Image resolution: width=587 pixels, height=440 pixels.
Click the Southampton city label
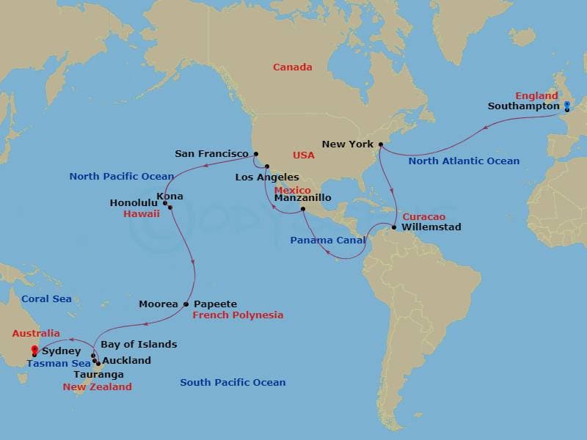[x=523, y=106]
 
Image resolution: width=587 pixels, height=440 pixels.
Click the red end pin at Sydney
[x=34, y=350]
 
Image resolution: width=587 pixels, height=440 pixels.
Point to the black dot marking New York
[x=381, y=144]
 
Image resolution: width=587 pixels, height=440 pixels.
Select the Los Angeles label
[x=267, y=177]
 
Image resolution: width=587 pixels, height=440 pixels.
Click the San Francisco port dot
[x=255, y=154]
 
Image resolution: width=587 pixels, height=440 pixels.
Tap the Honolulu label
[x=134, y=202]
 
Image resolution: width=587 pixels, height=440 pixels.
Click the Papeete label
[x=215, y=304]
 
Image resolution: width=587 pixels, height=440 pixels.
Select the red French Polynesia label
[x=238, y=315]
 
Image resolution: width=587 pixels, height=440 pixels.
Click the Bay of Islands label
[x=139, y=344]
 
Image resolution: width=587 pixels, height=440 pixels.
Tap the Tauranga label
[x=99, y=374]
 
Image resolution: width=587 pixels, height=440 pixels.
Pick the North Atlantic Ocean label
[x=464, y=161]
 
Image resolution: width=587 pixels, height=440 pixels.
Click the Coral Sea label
[x=46, y=299]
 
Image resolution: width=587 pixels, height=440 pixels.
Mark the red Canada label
[x=292, y=67]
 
